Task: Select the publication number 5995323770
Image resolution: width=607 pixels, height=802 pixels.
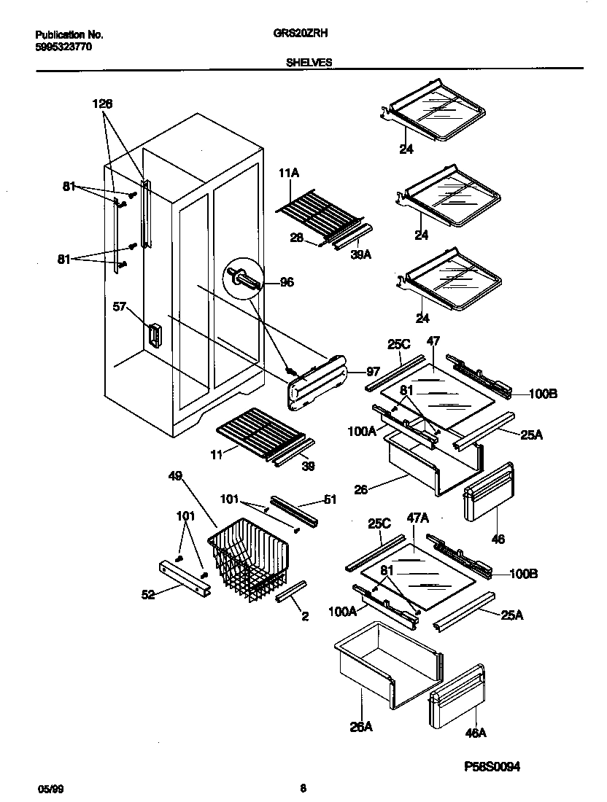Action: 64,47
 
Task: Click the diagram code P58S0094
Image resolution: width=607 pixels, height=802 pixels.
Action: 493,766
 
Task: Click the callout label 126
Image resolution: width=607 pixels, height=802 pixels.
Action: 102,104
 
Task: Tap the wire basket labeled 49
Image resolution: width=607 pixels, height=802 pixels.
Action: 248,565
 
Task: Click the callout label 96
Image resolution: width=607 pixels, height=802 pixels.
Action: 287,282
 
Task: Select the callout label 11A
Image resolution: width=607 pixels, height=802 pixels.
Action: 289,174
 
